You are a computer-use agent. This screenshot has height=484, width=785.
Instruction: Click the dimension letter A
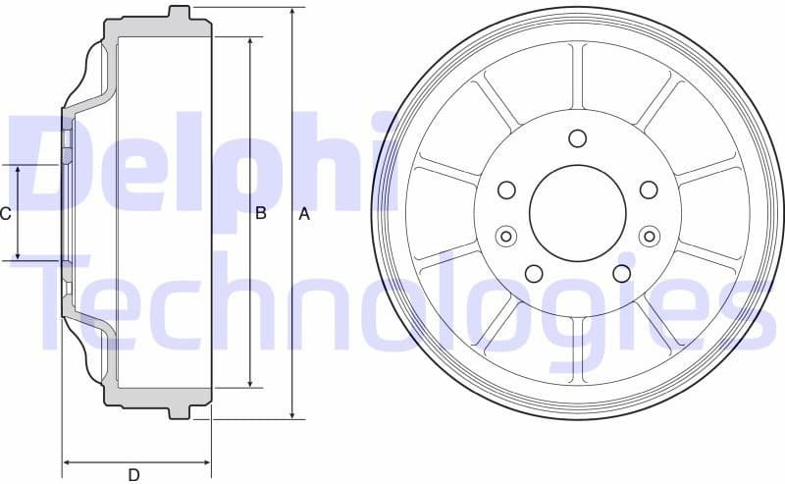click(x=304, y=214)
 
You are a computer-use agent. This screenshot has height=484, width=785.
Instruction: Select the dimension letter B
click(x=261, y=214)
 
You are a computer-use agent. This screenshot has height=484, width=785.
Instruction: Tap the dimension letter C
click(x=6, y=214)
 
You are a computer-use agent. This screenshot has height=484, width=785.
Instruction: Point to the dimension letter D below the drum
click(x=133, y=475)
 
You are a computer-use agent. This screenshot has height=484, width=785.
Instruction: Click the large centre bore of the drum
click(x=578, y=211)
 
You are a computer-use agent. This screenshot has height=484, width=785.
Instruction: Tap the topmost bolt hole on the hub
click(x=577, y=137)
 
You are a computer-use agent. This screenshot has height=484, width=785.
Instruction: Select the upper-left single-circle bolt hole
click(x=507, y=189)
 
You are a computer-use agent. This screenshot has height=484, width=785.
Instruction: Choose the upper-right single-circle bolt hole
click(x=648, y=189)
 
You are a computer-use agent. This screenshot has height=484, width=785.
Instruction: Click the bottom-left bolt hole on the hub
click(x=534, y=273)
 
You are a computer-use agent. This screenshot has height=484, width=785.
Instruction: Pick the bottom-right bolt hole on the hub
click(x=621, y=273)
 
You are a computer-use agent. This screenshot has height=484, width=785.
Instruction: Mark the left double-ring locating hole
click(x=506, y=236)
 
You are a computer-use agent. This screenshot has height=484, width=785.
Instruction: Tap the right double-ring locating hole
click(x=649, y=236)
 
